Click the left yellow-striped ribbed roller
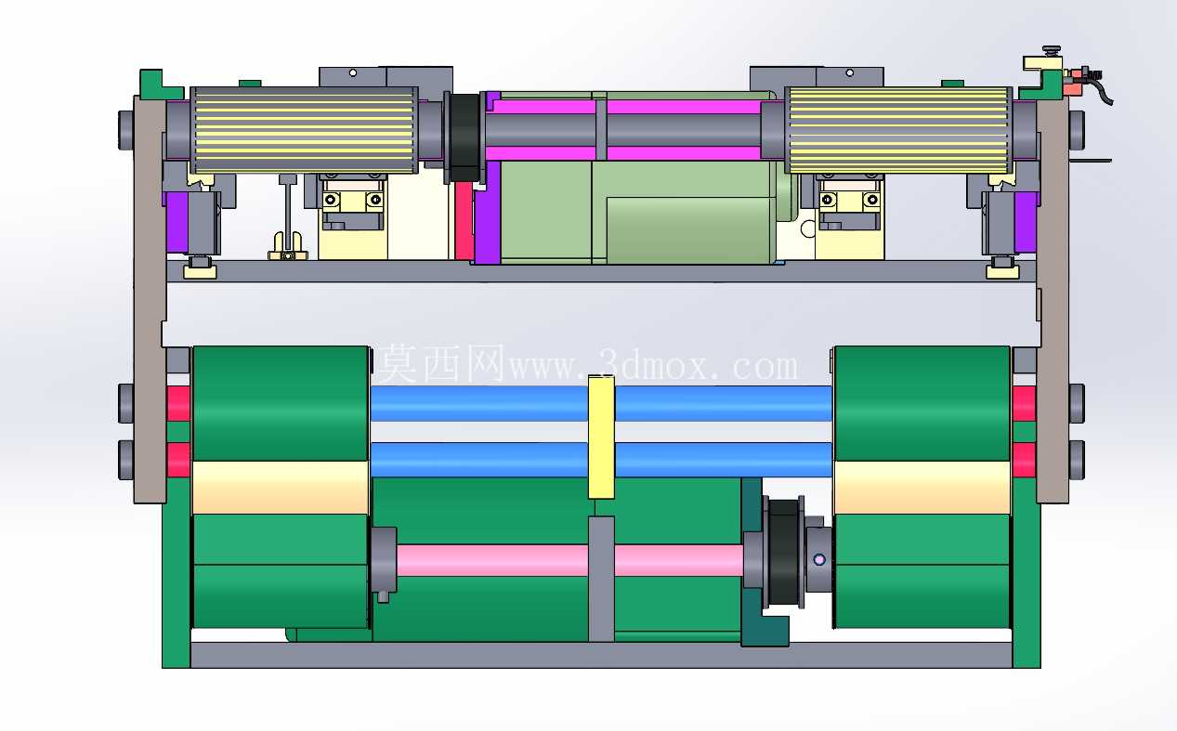(x=305, y=130)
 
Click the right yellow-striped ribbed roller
(x=899, y=130)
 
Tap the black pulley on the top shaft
(x=464, y=137)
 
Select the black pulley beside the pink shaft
(x=783, y=552)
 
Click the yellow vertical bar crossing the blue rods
(x=601, y=437)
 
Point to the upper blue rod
(x=601, y=403)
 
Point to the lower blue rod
(x=601, y=460)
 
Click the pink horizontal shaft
(x=569, y=560)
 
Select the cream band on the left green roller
(x=281, y=487)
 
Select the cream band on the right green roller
(x=922, y=487)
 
